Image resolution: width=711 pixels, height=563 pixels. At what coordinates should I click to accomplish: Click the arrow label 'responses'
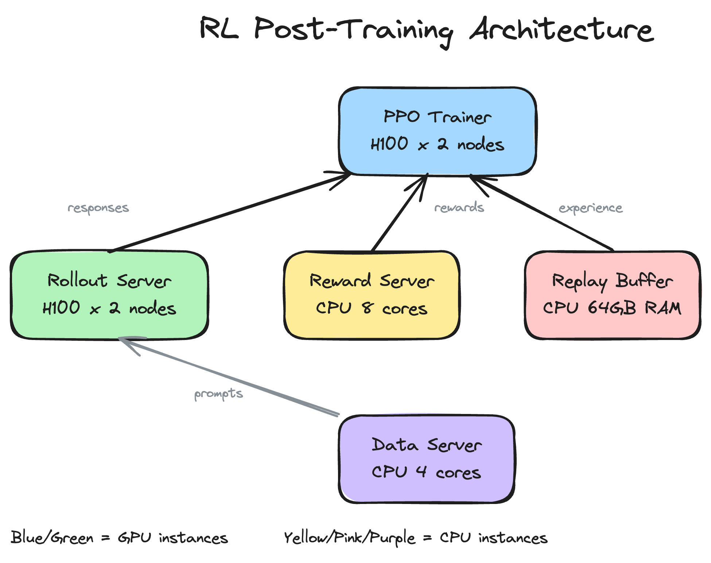[98, 208]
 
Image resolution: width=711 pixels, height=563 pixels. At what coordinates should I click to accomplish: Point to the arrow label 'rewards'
[459, 207]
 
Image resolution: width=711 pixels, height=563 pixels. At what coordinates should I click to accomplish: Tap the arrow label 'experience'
[591, 208]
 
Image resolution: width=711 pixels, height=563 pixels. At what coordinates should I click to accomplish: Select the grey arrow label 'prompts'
[218, 394]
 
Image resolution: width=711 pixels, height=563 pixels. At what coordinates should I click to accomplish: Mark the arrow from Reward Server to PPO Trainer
[399, 213]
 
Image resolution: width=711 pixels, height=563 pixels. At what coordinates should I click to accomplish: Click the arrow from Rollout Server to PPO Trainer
[230, 213]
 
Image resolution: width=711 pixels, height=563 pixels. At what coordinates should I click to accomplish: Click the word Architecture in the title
[562, 30]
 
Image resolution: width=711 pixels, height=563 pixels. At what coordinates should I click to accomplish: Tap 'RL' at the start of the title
[219, 28]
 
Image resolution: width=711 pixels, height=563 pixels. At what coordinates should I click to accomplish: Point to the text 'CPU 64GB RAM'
[612, 308]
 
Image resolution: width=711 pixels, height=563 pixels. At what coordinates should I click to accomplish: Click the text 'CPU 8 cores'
[372, 308]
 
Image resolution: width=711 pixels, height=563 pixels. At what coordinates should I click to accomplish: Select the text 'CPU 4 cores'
[426, 472]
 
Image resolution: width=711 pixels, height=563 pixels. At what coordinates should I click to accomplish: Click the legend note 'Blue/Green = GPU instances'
[119, 538]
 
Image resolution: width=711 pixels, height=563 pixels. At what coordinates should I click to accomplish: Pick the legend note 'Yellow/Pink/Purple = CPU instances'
[416, 538]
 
